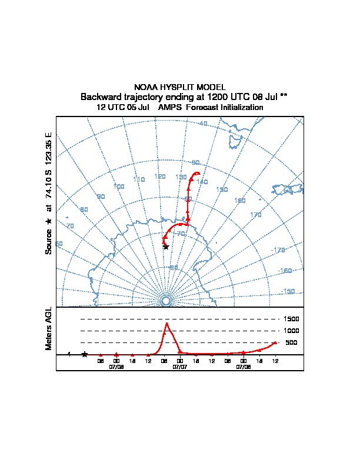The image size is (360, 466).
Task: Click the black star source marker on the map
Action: coord(166,247)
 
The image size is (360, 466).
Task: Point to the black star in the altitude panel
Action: coord(85,354)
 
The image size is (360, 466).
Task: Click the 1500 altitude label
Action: coord(292,319)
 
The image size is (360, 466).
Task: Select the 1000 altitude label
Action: coord(292,331)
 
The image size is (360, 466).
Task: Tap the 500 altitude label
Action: coord(291,342)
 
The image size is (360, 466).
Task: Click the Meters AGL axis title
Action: coord(49,329)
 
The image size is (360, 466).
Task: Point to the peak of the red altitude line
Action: coord(167,323)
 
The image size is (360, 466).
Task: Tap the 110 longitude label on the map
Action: coord(139,179)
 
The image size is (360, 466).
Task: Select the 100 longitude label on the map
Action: coord(119,187)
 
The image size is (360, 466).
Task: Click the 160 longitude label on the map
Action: coord(240,201)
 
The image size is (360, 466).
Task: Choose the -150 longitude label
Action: coord(288,291)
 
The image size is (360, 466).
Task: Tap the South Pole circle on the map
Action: coord(166,301)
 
